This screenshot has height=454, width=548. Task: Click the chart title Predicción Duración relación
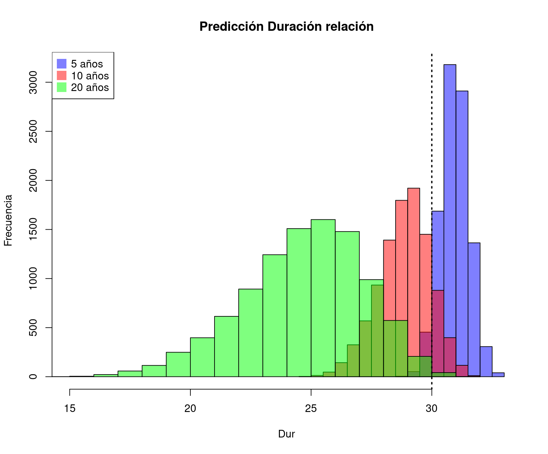286,26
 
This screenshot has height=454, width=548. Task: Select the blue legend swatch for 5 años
61,64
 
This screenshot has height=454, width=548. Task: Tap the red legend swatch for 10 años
61,75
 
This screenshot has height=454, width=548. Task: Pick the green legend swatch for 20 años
61,87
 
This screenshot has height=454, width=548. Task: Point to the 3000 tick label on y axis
33,82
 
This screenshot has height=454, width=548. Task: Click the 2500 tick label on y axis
33,131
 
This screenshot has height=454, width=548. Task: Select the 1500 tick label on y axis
33,230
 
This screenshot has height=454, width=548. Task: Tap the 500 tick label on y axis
33,328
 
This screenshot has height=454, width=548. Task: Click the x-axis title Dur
286,434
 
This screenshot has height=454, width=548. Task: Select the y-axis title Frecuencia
8,220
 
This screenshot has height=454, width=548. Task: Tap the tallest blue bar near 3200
450,199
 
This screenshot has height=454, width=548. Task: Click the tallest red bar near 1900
413,265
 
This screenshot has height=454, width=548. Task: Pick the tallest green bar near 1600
323,298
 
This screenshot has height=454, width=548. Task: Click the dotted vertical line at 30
432,132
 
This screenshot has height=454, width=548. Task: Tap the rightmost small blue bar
498,375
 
